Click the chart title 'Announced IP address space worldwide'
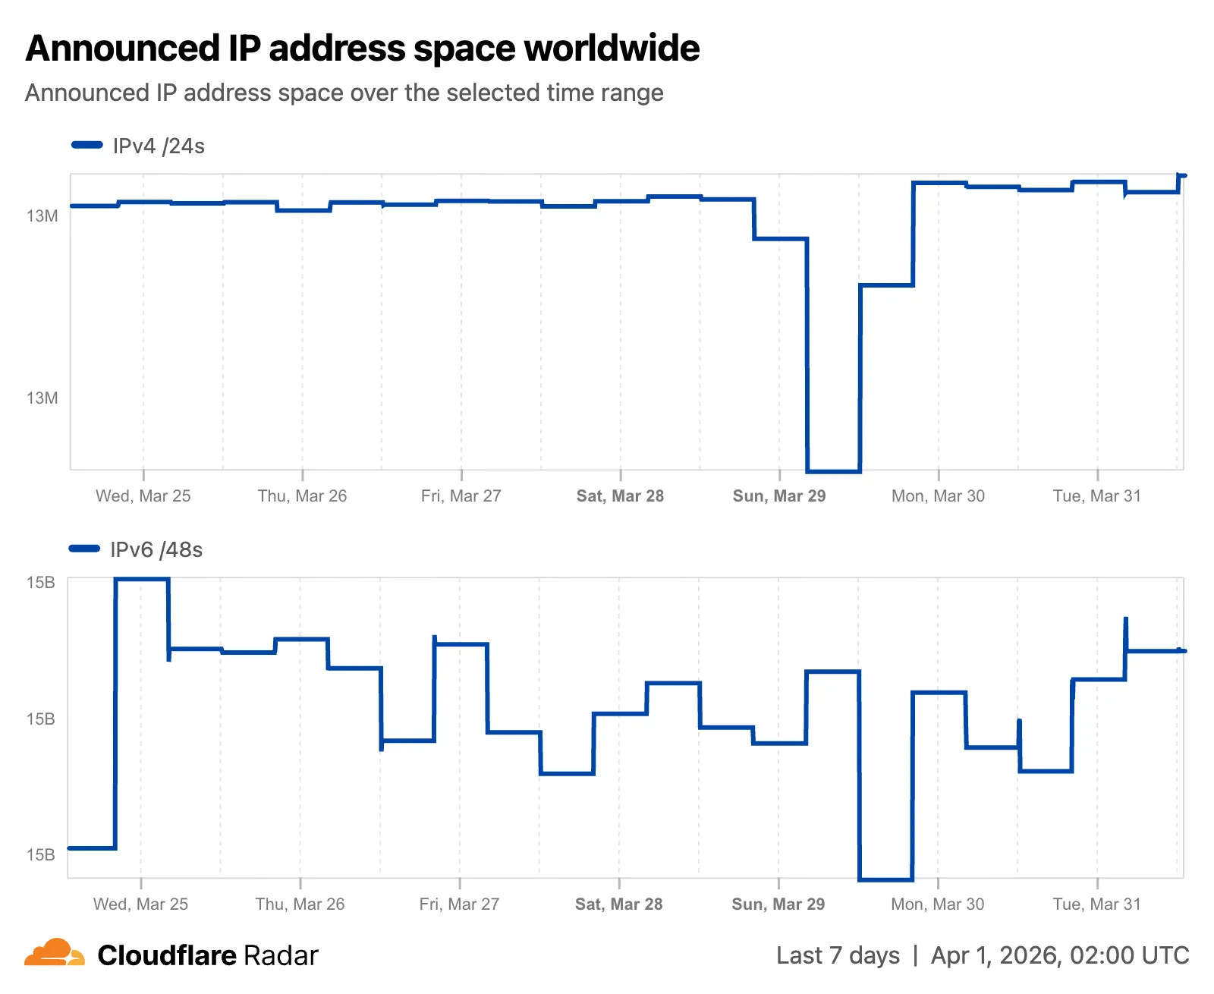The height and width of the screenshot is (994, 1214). pos(362,49)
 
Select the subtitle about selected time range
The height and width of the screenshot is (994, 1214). pos(344,93)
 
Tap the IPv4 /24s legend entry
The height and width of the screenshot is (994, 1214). pos(139,146)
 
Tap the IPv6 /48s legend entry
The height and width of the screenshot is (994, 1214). pos(137,549)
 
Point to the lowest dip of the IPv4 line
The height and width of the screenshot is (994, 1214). pos(833,471)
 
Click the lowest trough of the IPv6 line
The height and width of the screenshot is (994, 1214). pos(885,879)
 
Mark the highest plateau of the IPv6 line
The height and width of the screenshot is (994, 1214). pos(142,579)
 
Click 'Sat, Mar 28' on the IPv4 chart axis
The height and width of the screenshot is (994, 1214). pos(620,495)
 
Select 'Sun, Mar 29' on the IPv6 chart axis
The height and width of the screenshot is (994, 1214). pos(778,904)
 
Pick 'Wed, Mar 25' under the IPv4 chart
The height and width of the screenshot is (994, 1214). pos(143,495)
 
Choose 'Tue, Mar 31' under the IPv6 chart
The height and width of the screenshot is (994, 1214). pos(1096,904)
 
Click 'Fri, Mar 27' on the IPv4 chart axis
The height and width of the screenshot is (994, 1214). pos(461,495)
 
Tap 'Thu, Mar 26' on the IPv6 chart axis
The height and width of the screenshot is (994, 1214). pos(300,904)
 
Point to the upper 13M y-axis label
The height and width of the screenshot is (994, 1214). pos(42,216)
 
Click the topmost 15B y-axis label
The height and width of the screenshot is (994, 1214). pos(41,583)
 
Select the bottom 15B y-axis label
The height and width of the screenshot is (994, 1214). pos(41,854)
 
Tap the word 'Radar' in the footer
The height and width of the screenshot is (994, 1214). pos(281,955)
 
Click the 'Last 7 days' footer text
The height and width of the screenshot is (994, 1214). pos(838,955)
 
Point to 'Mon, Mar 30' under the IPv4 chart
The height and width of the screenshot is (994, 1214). pos(938,495)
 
